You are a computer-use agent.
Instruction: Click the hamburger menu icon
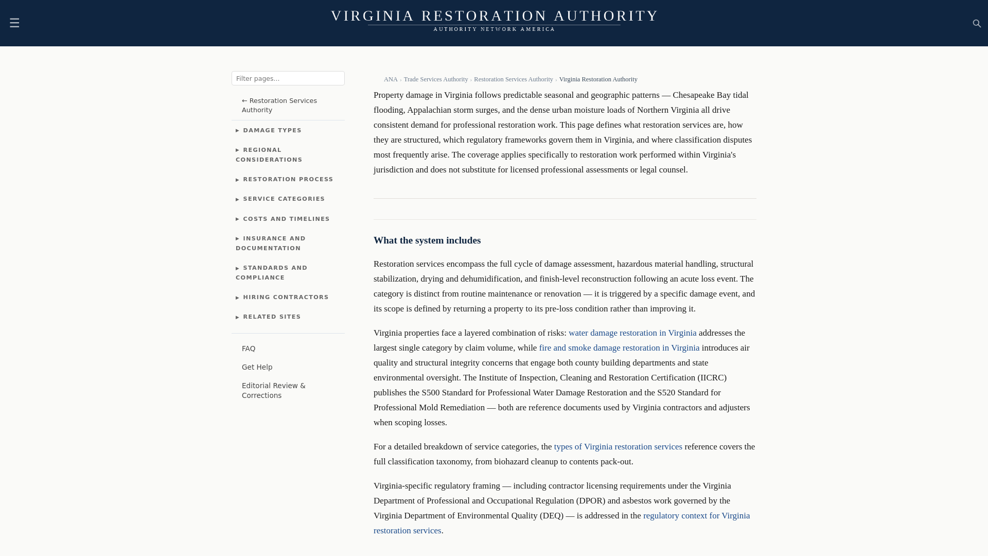coord(14,23)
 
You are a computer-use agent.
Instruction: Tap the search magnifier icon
coord(977,24)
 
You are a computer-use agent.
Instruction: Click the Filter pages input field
coord(288,78)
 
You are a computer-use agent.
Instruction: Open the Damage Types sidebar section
coord(272,131)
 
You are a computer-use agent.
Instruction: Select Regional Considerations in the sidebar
coord(269,155)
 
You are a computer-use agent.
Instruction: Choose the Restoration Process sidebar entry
coord(288,180)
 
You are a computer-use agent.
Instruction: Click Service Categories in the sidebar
coord(284,199)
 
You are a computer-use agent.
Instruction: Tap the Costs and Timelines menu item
coord(286,219)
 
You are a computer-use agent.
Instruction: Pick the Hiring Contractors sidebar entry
coord(286,298)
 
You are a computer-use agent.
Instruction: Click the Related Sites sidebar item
coord(272,317)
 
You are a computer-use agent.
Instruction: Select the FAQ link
coord(249,349)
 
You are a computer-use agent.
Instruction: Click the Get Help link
coord(257,368)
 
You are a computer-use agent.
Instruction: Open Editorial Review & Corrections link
coord(273,391)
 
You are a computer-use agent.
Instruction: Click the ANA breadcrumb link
coord(391,79)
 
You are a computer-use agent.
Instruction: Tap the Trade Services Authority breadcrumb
coord(436,79)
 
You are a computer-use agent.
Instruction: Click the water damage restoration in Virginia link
coord(632,333)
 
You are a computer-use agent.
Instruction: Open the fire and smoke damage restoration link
coord(619,348)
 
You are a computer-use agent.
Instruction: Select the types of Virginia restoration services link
coord(618,447)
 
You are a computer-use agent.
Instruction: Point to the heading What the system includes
coord(427,240)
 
